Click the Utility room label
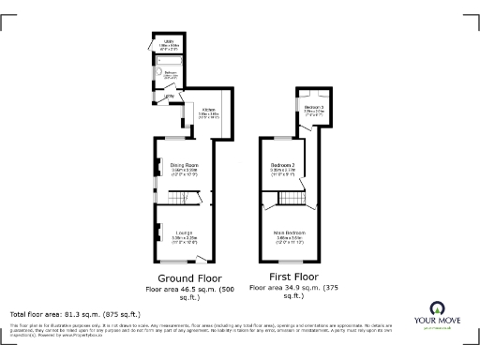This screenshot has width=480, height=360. click(x=170, y=42)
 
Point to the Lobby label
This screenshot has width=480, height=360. click(x=170, y=97)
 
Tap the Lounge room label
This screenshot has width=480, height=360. click(x=184, y=235)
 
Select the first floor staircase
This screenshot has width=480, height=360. click(x=292, y=198)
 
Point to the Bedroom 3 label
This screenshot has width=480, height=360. click(x=315, y=108)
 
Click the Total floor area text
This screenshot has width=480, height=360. click(x=75, y=313)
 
